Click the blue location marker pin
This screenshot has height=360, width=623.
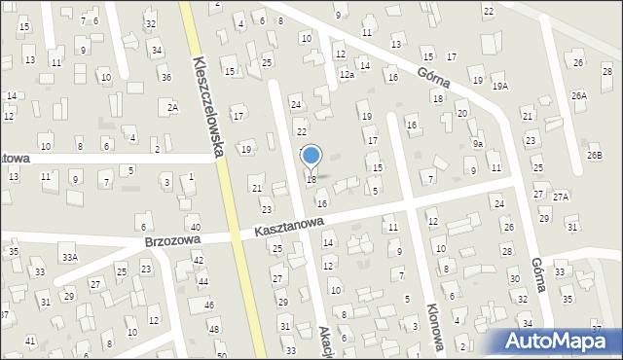311,156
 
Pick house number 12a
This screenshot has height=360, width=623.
346,75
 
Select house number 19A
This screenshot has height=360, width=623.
500,87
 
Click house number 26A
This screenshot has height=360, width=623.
579,96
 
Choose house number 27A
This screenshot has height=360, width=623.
561,197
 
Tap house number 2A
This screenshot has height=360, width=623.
172,108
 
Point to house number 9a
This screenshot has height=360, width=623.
479,144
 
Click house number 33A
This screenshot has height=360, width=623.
69,258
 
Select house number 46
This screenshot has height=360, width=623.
209,305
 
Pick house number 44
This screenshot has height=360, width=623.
202,281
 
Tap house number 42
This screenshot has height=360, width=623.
198,260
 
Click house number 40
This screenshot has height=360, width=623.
195,228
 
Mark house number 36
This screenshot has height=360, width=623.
166,78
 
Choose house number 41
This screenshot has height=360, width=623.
30,341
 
